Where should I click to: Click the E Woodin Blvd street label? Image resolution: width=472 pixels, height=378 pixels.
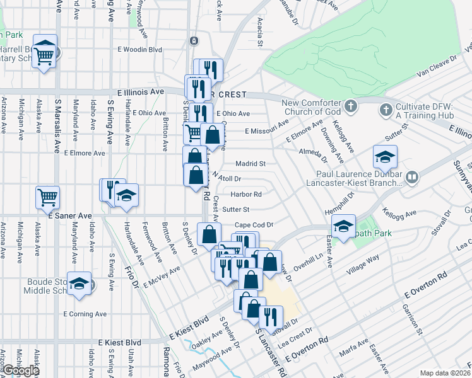(139, 49)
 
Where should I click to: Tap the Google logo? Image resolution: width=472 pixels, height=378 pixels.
(21, 370)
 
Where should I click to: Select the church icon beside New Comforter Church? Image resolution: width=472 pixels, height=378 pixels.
(352, 105)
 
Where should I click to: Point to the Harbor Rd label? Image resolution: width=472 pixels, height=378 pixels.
(245, 194)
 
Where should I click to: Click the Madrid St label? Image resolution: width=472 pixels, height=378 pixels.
(251, 163)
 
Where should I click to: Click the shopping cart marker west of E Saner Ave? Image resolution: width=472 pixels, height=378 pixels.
(47, 197)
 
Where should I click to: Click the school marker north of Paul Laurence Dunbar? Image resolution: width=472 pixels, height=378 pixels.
(385, 157)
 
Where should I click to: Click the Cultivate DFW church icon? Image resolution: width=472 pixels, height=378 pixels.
(386, 110)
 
